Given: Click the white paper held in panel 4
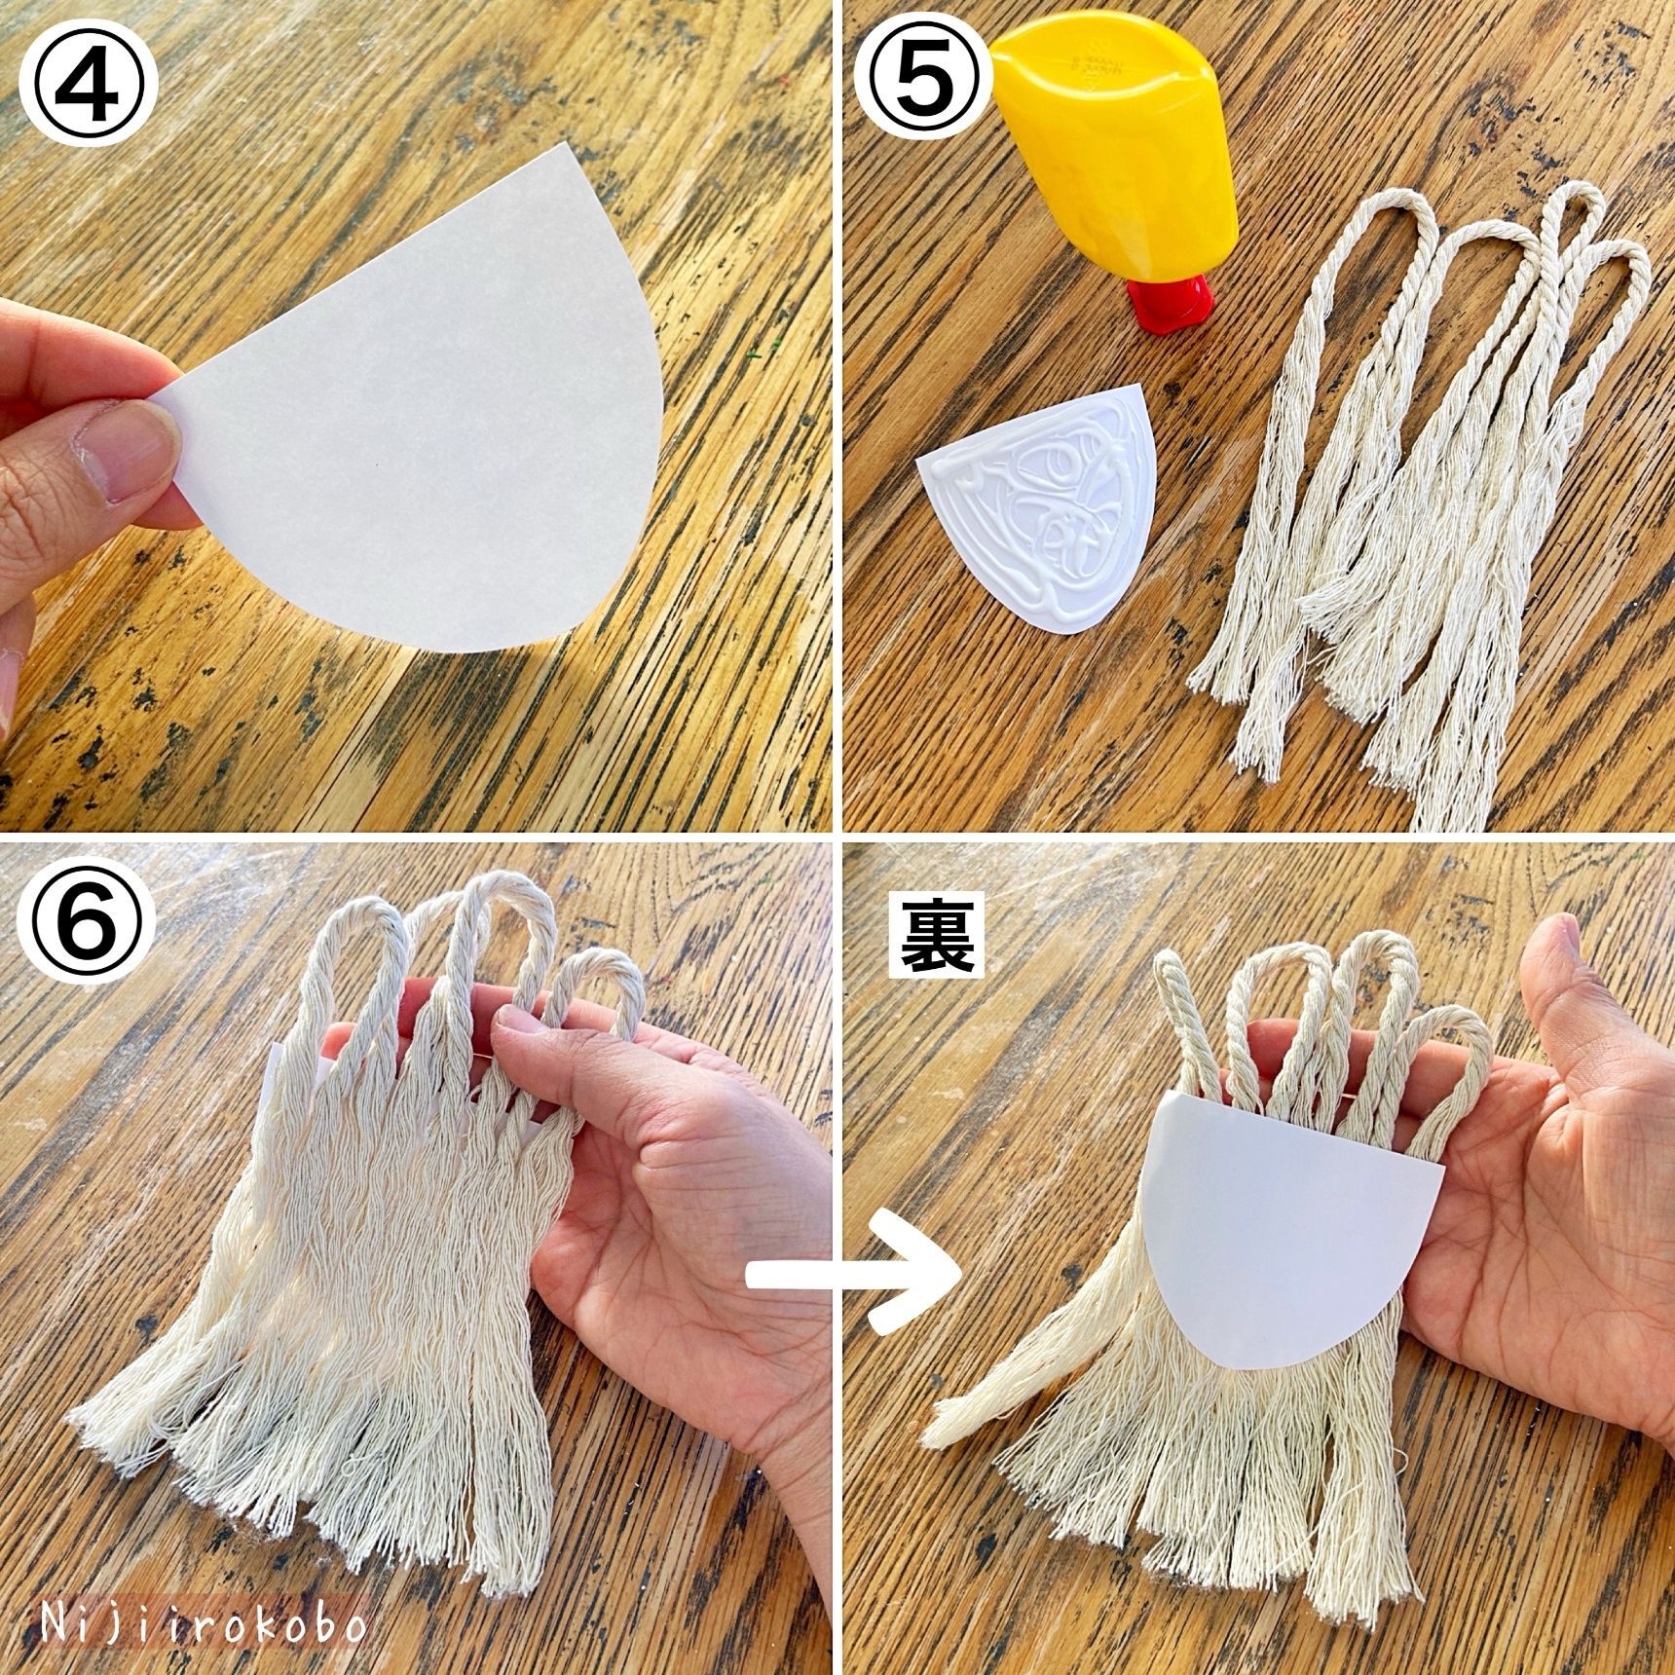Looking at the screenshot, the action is point(419,409).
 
